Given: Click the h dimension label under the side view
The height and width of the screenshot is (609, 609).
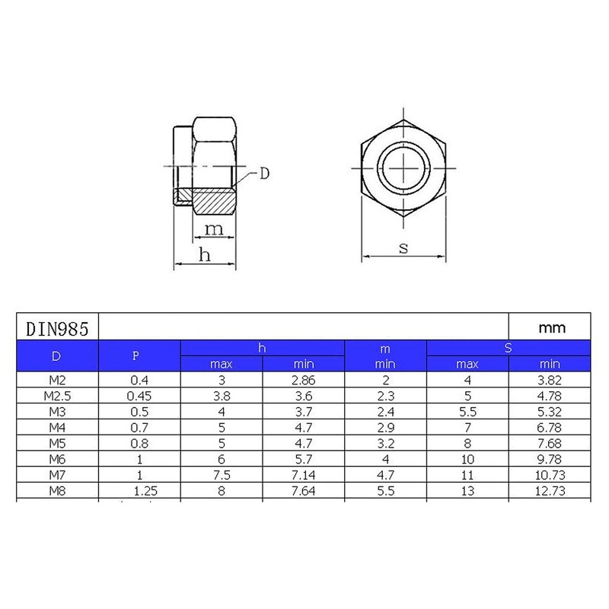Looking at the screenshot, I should (x=204, y=255).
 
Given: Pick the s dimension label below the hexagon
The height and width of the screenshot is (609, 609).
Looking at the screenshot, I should (x=403, y=248).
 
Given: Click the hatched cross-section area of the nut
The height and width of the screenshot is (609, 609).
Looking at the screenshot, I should (x=214, y=202).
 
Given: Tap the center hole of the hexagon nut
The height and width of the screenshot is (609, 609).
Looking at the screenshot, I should (x=404, y=167).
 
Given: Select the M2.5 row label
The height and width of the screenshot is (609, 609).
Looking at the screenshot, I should (x=58, y=395).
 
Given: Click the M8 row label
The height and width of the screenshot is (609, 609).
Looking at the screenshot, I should (x=58, y=491).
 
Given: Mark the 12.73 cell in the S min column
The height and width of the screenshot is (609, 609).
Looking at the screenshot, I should (x=550, y=491).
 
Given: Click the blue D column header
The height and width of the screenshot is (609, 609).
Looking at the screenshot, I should (x=58, y=356).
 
